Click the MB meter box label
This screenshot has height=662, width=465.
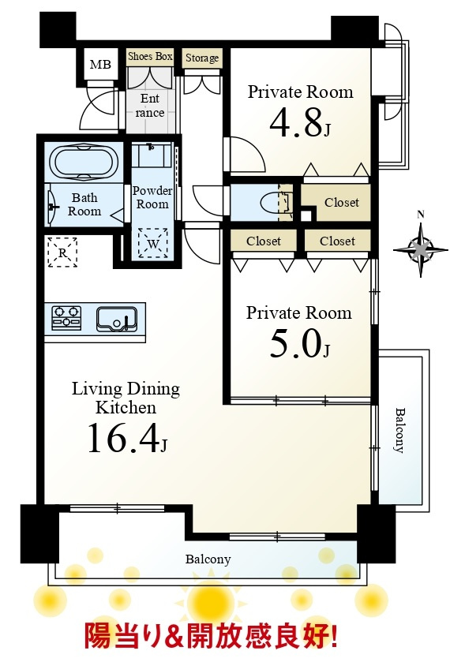100,64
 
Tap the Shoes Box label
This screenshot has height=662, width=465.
150,56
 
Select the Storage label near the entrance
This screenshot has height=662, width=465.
202,58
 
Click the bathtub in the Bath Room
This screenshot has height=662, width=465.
84,162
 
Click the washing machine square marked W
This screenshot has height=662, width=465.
153,243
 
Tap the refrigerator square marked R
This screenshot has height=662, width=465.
62,252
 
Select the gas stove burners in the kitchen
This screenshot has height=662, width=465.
66,317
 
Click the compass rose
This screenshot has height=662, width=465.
420,249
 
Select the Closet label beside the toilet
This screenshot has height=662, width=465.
342,203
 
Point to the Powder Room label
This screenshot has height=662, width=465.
152,197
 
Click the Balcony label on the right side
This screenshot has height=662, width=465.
399,430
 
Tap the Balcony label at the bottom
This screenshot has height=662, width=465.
208,559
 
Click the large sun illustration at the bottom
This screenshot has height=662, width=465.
210,600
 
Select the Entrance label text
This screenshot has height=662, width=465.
150,106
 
